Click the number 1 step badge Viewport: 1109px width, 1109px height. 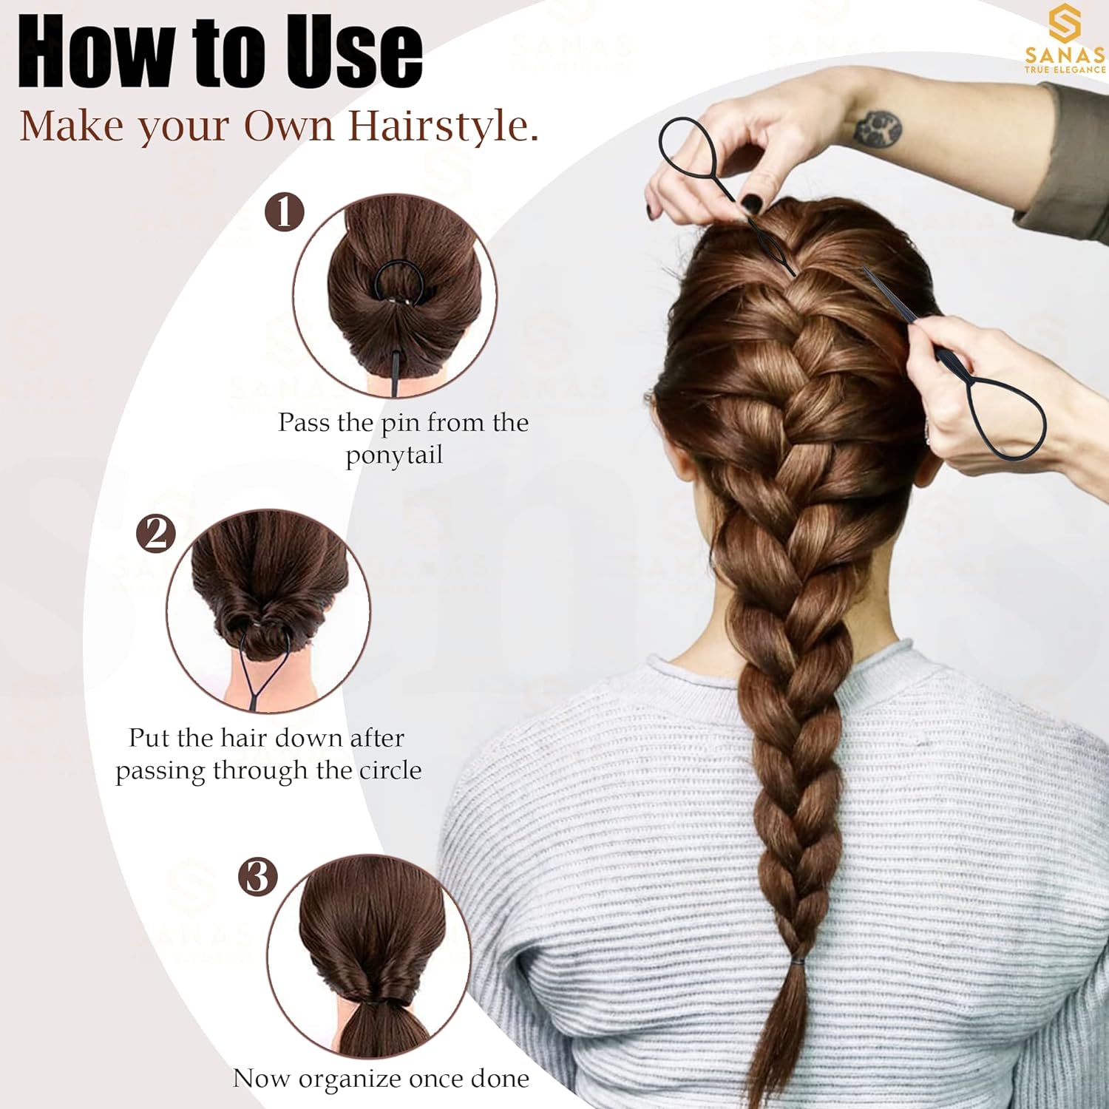tap(285, 212)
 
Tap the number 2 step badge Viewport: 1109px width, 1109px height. tap(156, 533)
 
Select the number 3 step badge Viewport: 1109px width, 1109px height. tap(257, 877)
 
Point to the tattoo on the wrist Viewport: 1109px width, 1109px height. tap(878, 127)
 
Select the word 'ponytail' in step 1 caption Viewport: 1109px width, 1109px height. tap(394, 455)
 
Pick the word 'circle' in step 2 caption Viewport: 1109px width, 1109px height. tap(390, 770)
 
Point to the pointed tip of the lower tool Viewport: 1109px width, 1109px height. tap(864, 269)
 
